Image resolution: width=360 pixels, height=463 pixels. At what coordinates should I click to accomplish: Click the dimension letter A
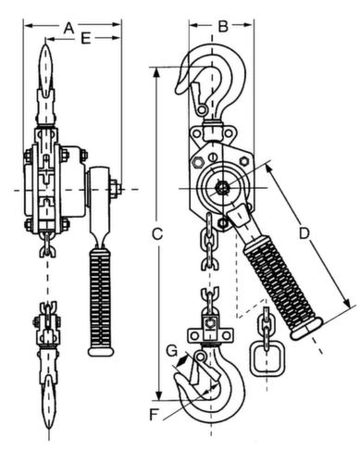pos(66,29)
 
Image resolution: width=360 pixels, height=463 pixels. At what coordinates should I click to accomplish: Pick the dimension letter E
pos(85,39)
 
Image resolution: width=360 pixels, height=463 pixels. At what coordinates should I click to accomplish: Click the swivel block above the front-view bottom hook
pos(211,330)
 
